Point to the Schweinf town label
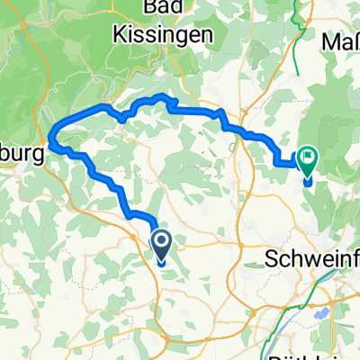tap(313, 259)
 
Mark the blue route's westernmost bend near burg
tap(52, 141)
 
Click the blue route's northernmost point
tap(161, 95)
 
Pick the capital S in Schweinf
tap(275, 259)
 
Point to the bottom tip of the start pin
tap(162, 264)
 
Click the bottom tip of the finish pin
tap(308, 183)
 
